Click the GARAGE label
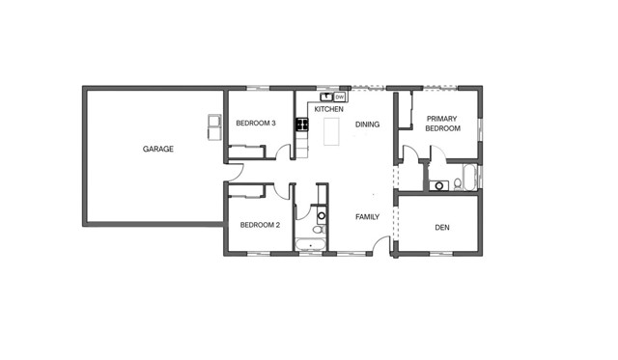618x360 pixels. pyautogui.click(x=157, y=149)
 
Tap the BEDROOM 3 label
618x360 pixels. pyautogui.click(x=256, y=124)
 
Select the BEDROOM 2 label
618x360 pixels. pyautogui.click(x=259, y=225)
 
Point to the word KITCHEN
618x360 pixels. pyautogui.click(x=329, y=110)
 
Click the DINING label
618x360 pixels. pyautogui.click(x=367, y=125)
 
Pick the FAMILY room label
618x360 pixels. pyautogui.click(x=367, y=216)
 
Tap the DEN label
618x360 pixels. pyautogui.click(x=442, y=228)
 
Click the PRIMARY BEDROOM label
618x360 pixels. pyautogui.click(x=442, y=123)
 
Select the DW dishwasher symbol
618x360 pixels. pyautogui.click(x=340, y=97)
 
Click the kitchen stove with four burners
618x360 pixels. pyautogui.click(x=302, y=124)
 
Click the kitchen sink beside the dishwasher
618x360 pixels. pyautogui.click(x=327, y=97)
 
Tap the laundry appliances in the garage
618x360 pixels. pyautogui.click(x=213, y=126)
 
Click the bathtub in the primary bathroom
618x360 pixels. pyautogui.click(x=470, y=179)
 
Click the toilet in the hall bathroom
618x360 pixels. pyautogui.click(x=318, y=230)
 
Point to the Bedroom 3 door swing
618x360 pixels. pyautogui.click(x=283, y=152)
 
